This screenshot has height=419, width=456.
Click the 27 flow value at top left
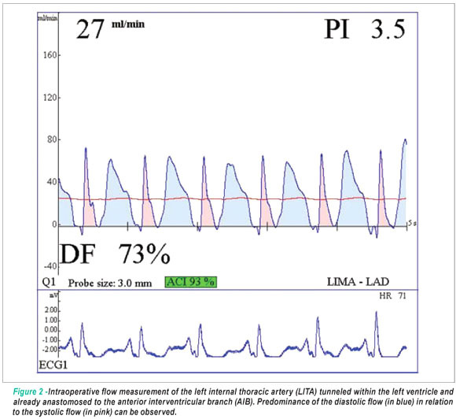90,29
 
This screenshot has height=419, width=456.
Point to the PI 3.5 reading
365,29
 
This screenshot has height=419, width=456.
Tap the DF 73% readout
115,254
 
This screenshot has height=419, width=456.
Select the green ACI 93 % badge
191,282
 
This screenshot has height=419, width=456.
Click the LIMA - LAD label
358,282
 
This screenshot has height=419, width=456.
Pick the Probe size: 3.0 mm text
109,283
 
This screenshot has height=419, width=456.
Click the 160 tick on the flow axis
50,55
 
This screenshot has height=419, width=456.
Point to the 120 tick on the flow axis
50,98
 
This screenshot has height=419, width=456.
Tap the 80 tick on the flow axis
52,139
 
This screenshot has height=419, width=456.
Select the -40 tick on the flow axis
50,266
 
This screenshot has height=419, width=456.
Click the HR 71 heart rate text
392,296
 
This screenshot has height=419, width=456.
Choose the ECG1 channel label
53,365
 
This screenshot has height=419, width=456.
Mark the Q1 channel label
49,282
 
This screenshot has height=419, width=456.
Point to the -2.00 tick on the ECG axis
50,350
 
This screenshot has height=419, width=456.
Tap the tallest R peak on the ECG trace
377,312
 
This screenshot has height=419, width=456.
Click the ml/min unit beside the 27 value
128,24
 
